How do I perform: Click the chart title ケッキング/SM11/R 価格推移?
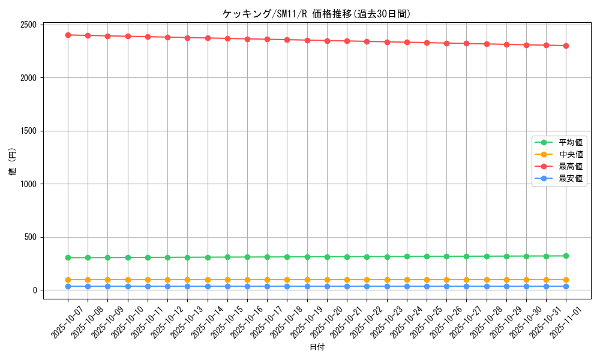click(x=316, y=14)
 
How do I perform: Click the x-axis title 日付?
click(x=317, y=347)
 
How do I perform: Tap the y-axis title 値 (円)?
click(x=13, y=161)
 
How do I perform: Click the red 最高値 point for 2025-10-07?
click(x=68, y=35)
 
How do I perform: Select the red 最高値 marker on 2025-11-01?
click(x=566, y=46)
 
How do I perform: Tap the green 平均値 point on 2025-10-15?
click(x=227, y=257)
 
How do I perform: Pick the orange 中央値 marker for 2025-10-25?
click(x=427, y=280)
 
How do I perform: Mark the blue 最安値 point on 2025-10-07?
click(x=68, y=286)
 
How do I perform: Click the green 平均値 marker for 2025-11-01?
click(x=566, y=256)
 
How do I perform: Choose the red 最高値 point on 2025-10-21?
click(x=347, y=41)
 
